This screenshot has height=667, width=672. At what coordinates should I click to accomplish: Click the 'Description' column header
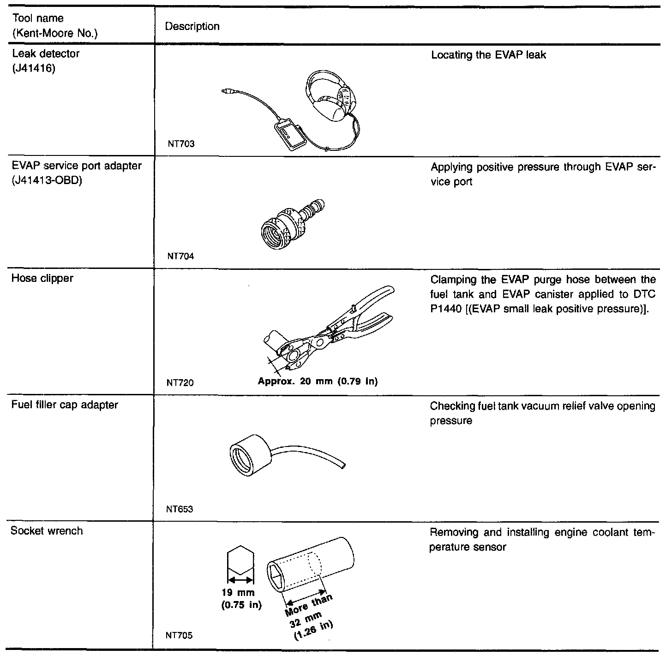click(x=192, y=27)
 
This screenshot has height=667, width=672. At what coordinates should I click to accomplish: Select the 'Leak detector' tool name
click(x=45, y=54)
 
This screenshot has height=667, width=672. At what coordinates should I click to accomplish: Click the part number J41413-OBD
click(x=47, y=180)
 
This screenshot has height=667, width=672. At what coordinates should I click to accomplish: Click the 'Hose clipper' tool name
click(x=42, y=279)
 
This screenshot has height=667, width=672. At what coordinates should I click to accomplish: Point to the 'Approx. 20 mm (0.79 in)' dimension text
click(x=318, y=381)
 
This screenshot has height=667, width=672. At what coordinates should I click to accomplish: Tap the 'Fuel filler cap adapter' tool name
click(x=65, y=405)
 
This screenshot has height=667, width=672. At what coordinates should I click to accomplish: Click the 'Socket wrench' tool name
click(x=47, y=531)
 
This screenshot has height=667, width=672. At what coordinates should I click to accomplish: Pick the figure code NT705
click(x=180, y=636)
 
